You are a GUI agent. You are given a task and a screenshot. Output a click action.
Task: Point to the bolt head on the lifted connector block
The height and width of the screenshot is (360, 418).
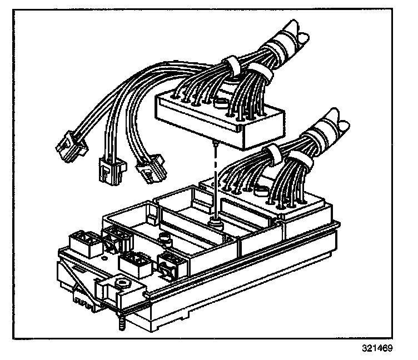[222, 103]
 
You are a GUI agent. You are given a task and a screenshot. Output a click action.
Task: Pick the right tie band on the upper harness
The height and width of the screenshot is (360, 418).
[261, 74]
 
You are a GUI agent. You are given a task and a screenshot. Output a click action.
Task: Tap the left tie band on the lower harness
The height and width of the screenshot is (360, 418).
[273, 152]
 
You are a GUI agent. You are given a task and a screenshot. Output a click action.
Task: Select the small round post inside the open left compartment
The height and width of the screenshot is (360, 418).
[165, 239]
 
